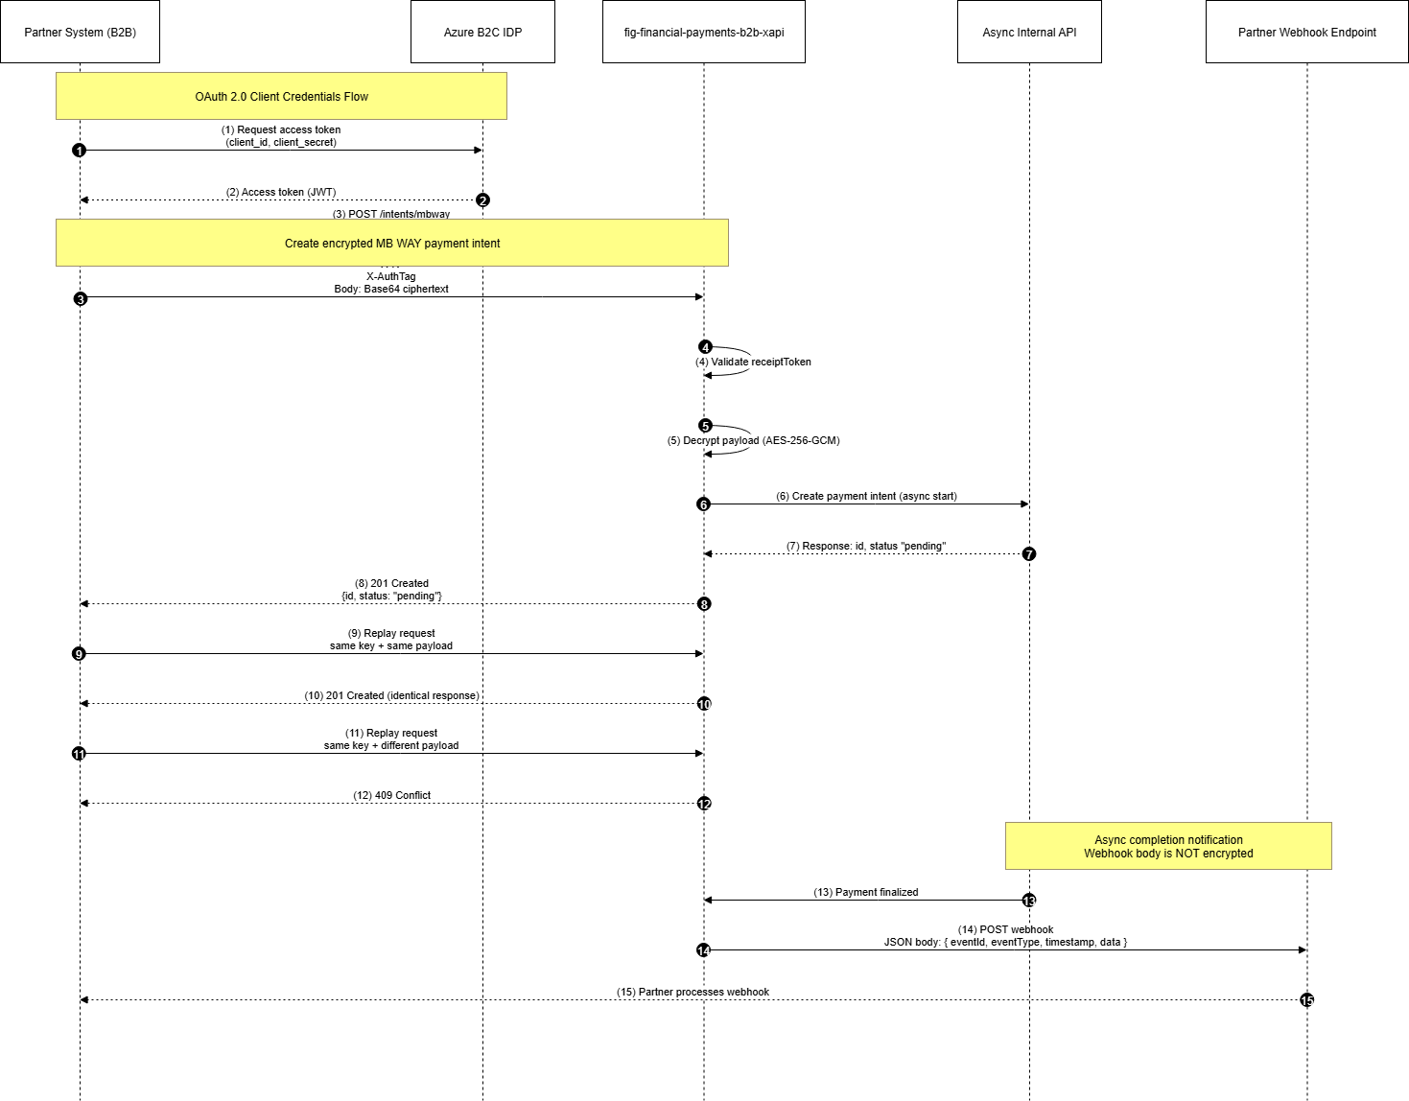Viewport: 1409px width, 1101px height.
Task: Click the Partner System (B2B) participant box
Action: [x=80, y=32]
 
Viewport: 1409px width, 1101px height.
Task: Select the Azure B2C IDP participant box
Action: [x=482, y=32]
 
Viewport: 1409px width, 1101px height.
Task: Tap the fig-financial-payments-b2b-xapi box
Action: [x=703, y=32]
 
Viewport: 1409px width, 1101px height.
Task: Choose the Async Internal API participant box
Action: [x=1029, y=32]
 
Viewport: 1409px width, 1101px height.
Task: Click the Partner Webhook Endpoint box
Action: [x=1306, y=32]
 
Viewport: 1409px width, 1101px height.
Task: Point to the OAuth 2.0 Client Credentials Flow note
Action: [x=281, y=96]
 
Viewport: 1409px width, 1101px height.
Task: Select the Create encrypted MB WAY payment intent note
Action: [x=391, y=243]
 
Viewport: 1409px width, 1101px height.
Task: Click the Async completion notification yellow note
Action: [x=1168, y=846]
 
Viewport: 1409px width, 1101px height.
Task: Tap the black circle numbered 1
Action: [x=80, y=151]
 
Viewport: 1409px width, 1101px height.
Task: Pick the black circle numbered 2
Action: [x=482, y=200]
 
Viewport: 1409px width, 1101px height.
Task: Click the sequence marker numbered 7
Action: [x=1029, y=554]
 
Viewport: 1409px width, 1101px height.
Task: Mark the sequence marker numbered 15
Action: [x=1306, y=1000]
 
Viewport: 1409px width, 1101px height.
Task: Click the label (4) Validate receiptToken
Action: [x=753, y=362]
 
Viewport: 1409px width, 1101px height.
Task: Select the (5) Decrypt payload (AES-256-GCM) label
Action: [x=753, y=440]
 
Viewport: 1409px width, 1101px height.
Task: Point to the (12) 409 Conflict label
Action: [x=391, y=795]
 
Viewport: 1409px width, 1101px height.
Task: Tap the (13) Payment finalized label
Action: [x=866, y=892]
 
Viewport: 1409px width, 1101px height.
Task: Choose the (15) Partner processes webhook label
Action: [x=693, y=992]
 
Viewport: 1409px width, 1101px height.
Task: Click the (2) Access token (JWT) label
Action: [x=281, y=192]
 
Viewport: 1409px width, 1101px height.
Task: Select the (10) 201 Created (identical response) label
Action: [x=391, y=695]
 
